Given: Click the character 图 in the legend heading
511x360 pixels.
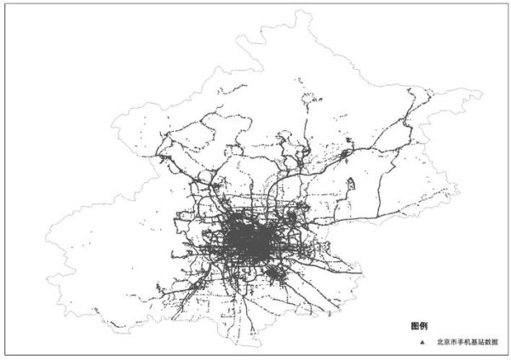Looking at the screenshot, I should [414, 326].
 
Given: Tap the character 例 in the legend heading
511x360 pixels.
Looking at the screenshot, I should [422, 326].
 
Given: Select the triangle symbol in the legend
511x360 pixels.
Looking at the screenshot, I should [422, 342].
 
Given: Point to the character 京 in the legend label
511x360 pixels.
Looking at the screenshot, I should [445, 342].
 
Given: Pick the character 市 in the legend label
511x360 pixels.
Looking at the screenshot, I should [452, 342].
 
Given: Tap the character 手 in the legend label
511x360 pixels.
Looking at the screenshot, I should [459, 342].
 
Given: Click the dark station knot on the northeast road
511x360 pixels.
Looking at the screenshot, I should [346, 156].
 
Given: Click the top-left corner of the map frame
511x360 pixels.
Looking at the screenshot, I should [6, 5].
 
